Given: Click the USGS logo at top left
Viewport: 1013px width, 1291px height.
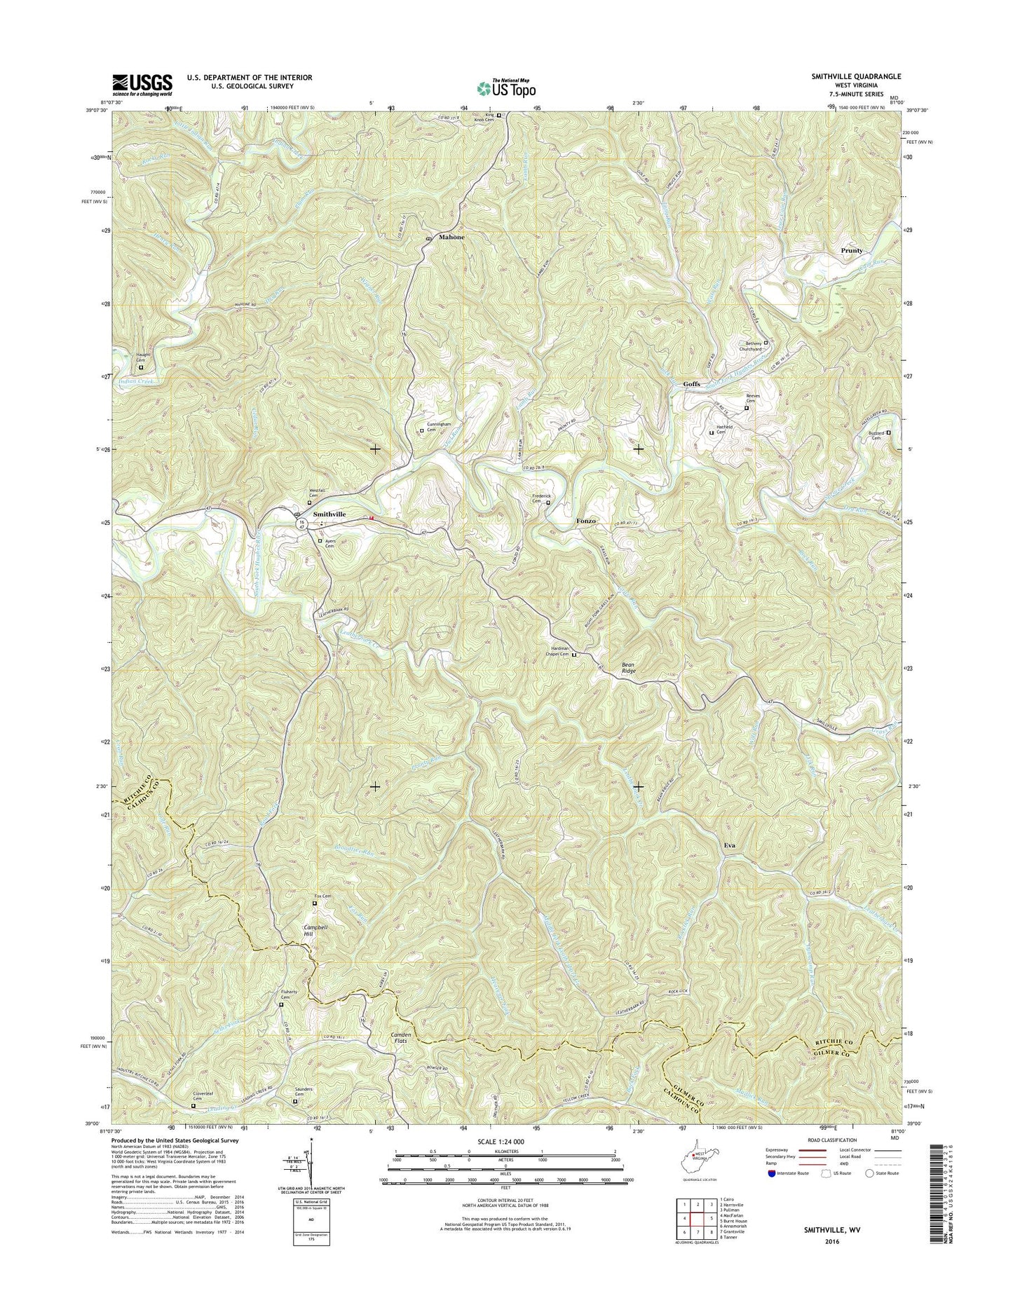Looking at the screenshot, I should coord(142,86).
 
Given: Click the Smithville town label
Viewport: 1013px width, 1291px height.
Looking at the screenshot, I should coord(329,514).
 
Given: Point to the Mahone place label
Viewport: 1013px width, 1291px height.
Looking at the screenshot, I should coord(451,237).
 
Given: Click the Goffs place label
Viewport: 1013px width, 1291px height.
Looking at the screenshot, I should coord(691,384).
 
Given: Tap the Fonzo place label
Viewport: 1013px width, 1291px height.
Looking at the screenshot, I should coord(586,521).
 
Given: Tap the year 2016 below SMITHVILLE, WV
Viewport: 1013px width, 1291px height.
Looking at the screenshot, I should coord(831,1241).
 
